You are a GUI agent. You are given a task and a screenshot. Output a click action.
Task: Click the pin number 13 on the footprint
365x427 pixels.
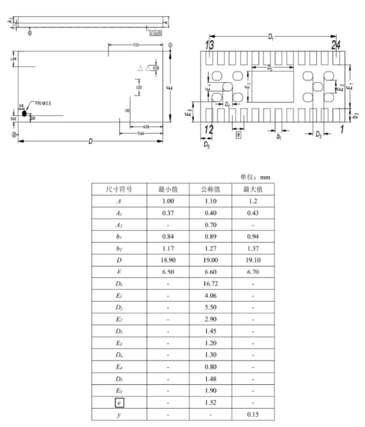[x=209, y=45]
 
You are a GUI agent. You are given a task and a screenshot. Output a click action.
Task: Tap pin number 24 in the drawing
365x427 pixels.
[x=336, y=45]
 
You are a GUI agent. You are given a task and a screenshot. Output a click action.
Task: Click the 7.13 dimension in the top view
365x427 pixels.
[x=135, y=45]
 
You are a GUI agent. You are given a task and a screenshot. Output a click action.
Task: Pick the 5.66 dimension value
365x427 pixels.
[x=140, y=134]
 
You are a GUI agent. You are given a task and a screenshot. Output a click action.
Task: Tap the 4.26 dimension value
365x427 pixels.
[x=145, y=126]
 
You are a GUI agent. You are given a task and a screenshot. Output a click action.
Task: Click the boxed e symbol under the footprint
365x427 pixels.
[x=238, y=134]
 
